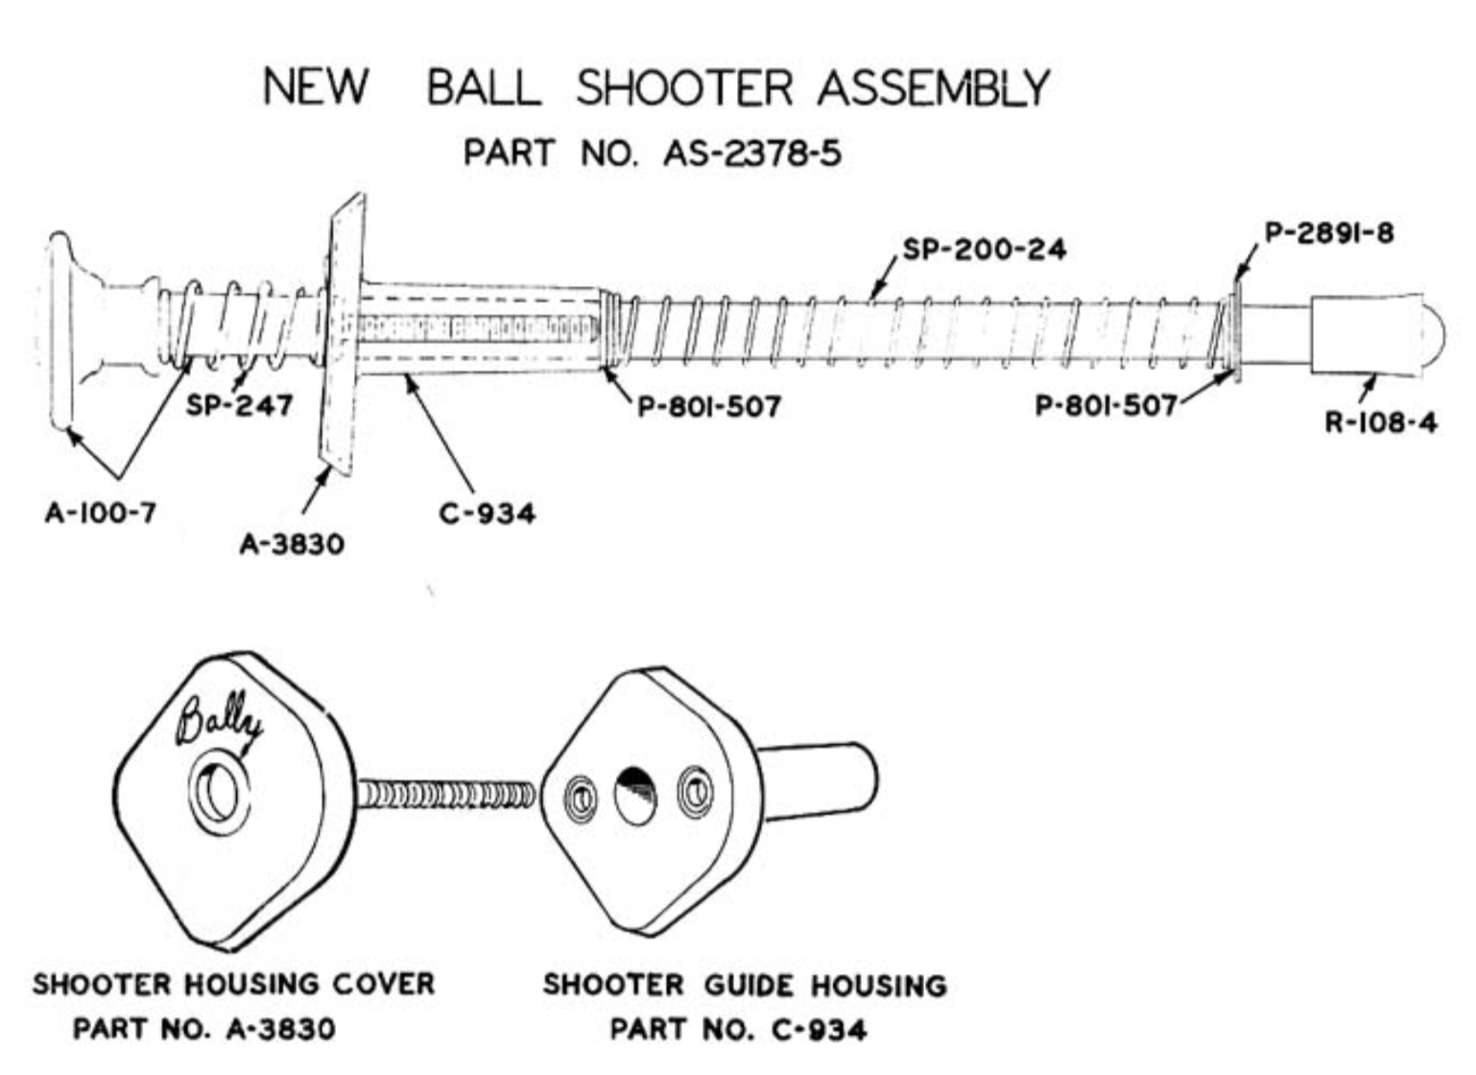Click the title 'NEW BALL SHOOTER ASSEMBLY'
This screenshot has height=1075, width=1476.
click(x=656, y=87)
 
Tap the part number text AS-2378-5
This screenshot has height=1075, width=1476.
click(x=751, y=154)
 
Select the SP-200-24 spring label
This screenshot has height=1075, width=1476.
click(x=984, y=250)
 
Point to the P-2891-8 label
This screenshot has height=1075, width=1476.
click(x=1328, y=233)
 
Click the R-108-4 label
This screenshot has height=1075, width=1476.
click(x=1380, y=422)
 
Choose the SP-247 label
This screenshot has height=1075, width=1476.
click(x=239, y=405)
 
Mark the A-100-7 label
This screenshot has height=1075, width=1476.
click(x=100, y=513)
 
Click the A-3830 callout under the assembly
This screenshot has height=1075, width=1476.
click(x=291, y=544)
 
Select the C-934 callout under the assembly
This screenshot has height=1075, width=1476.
click(x=487, y=514)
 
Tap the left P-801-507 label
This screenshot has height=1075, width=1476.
click(x=709, y=406)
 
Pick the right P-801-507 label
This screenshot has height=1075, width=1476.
click(x=1106, y=405)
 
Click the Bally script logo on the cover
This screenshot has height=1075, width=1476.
click(x=217, y=720)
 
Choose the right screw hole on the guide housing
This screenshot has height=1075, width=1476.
click(x=695, y=792)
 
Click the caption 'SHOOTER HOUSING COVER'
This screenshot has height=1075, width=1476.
click(x=233, y=984)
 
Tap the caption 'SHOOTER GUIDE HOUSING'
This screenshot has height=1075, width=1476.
click(x=745, y=985)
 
